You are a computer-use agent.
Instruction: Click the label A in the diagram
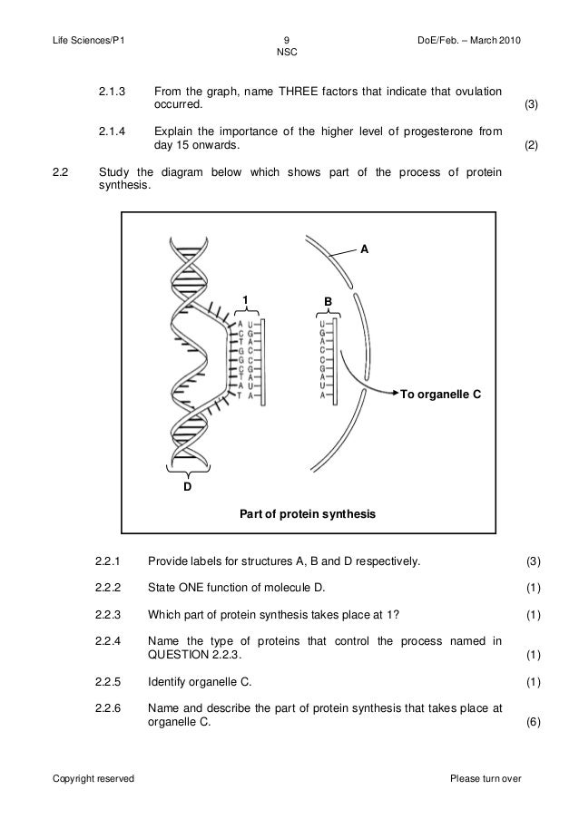coord(365,248)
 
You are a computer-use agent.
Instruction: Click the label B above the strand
coord(329,300)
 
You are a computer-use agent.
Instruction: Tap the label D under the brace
coord(188,487)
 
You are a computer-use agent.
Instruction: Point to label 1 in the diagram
coord(242,300)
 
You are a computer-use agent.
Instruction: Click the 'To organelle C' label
coord(440,395)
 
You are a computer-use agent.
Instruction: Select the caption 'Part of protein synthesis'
coord(307,514)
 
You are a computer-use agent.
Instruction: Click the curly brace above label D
coord(187,470)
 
